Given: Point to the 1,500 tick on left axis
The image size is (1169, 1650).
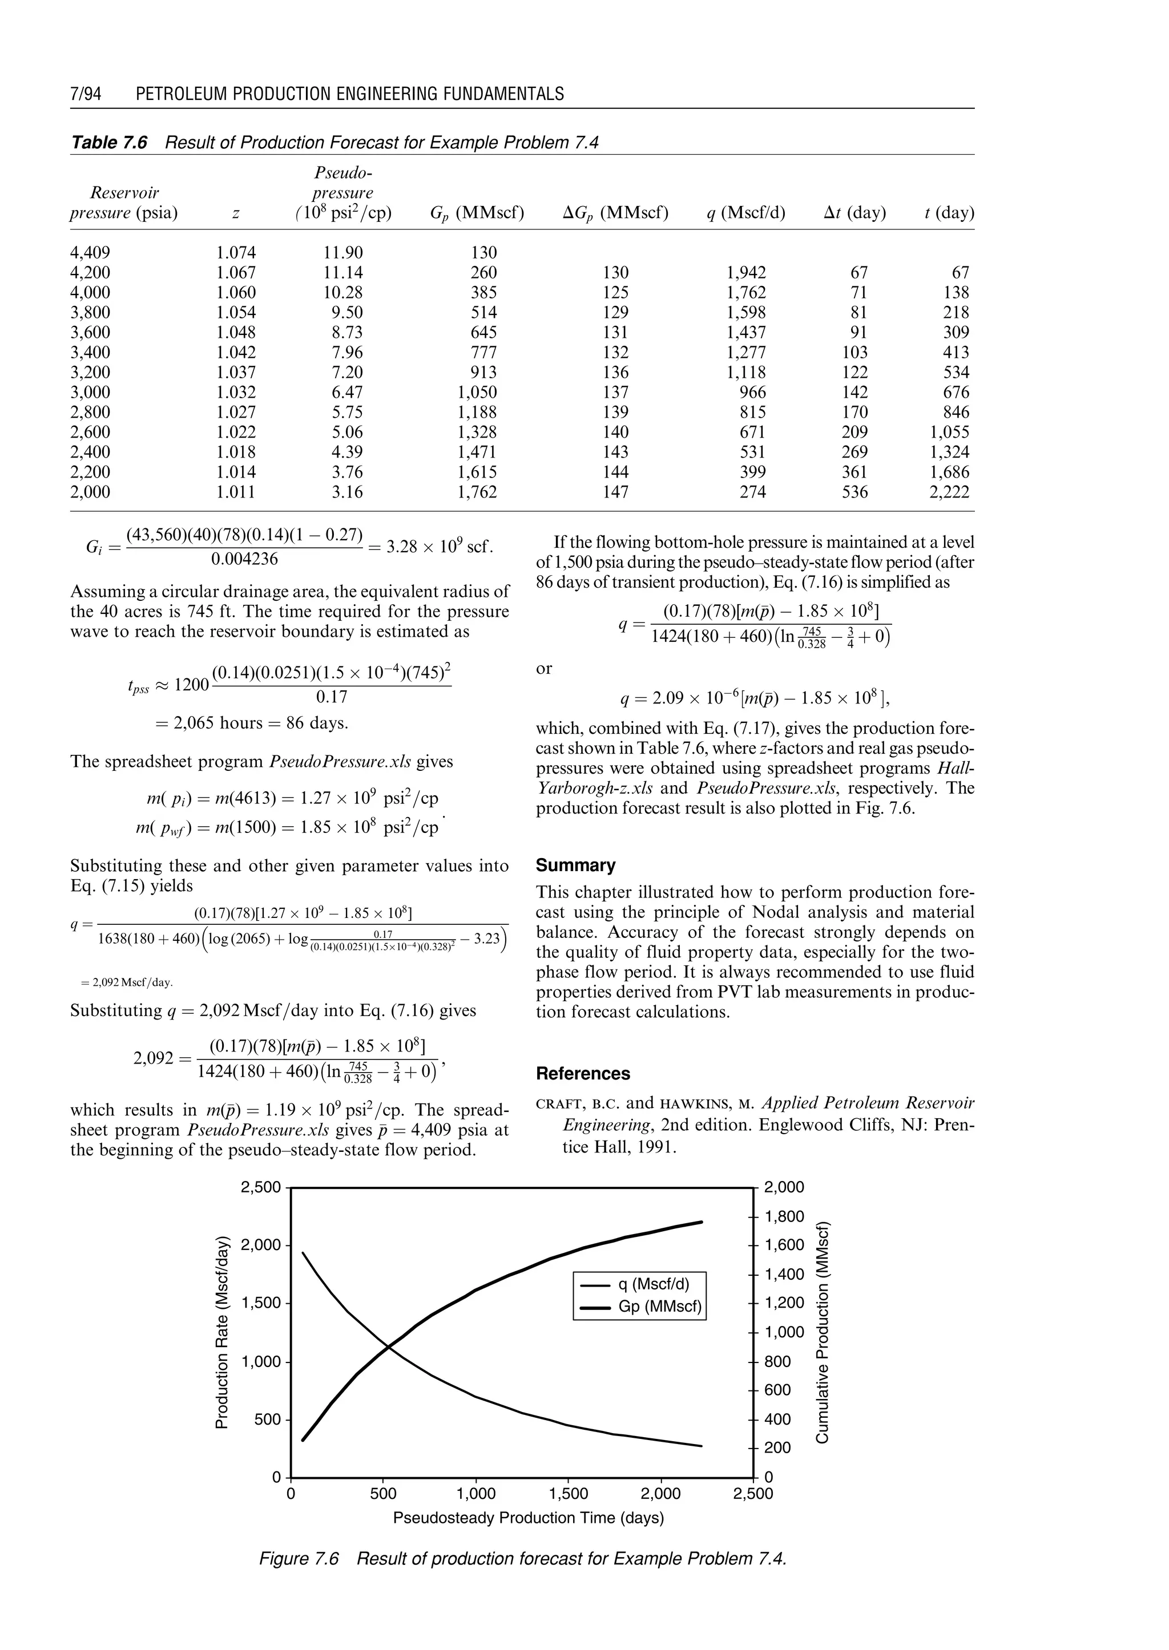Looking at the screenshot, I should (x=261, y=1303).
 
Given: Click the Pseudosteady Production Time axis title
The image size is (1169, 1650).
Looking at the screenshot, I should (x=527, y=1518).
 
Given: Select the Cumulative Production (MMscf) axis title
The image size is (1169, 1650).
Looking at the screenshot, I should (x=823, y=1331).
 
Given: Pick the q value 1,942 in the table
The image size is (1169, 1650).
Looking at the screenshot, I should (x=747, y=273).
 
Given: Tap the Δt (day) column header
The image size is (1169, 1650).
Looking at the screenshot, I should (x=854, y=213).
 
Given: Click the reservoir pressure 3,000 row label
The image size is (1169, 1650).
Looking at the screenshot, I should (x=90, y=392).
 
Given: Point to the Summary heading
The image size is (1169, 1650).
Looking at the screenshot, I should (x=575, y=865).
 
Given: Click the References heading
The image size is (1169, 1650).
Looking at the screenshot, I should (x=582, y=1074).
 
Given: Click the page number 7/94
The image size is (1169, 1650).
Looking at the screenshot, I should (x=86, y=94).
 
